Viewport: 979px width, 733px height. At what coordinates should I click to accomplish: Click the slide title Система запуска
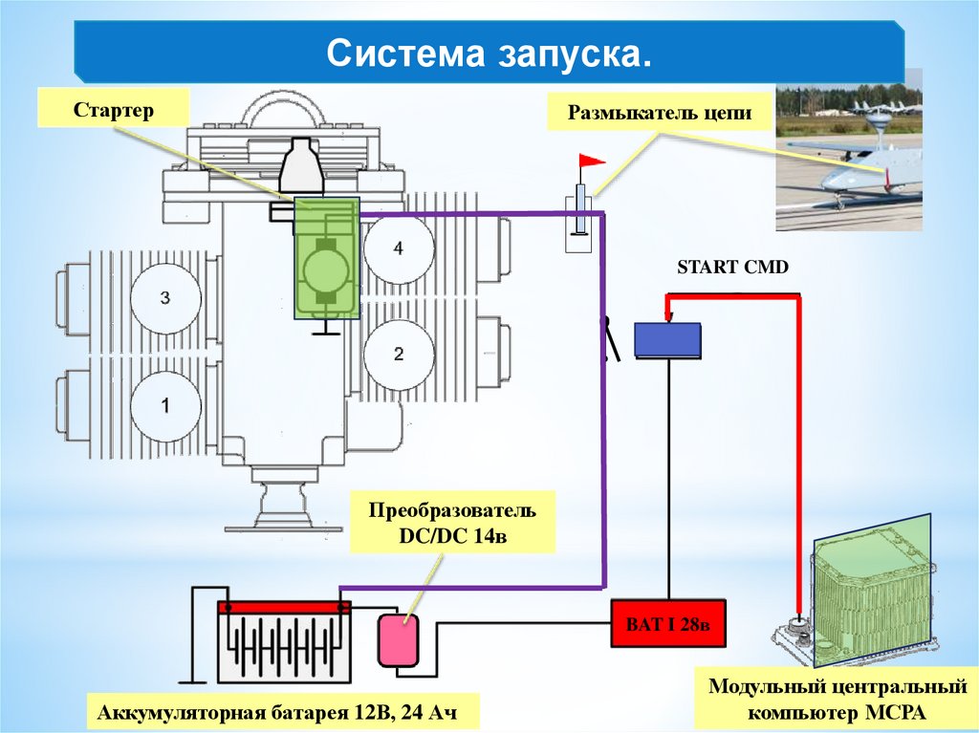tap(489, 54)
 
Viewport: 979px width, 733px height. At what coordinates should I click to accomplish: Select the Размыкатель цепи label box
tap(661, 113)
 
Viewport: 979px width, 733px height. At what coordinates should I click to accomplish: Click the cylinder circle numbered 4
tap(398, 248)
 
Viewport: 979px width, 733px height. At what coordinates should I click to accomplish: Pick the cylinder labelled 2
tap(398, 354)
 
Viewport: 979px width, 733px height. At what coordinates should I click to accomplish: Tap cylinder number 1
tap(165, 405)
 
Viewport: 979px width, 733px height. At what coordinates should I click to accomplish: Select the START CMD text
tap(732, 268)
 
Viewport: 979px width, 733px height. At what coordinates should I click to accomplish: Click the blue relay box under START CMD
tap(668, 340)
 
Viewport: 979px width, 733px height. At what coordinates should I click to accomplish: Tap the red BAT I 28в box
tap(668, 624)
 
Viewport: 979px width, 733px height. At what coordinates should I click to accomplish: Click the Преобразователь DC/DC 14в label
tap(452, 522)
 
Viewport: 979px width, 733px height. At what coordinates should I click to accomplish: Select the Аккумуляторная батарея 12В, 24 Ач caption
tap(282, 713)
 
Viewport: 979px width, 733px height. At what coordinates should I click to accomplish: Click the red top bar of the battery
tap(284, 607)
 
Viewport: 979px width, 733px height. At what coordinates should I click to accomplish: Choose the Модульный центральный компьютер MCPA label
tap(831, 700)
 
